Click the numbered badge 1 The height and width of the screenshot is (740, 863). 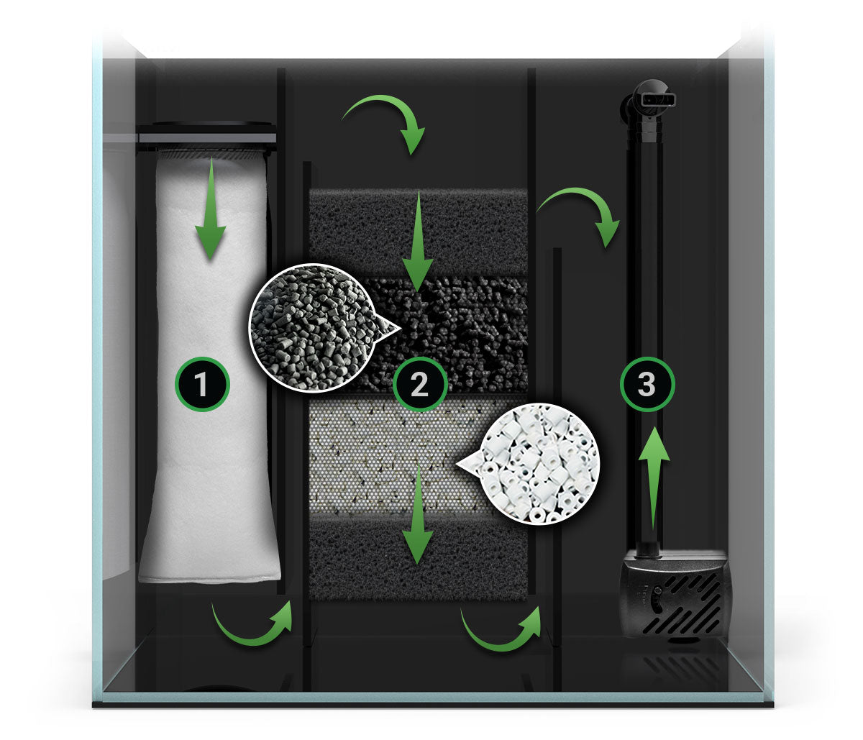(202, 384)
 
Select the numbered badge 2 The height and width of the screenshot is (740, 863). (419, 384)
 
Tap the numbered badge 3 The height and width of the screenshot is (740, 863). (647, 384)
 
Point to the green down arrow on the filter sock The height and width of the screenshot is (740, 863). (211, 209)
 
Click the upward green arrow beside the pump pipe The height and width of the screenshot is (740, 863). (654, 478)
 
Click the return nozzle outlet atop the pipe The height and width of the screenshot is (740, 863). (654, 100)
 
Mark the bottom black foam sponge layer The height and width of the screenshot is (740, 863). (419, 559)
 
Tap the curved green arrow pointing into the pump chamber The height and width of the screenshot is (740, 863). (585, 201)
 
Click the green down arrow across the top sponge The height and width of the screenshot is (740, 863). (418, 240)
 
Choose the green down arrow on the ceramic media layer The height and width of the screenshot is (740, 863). (418, 513)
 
